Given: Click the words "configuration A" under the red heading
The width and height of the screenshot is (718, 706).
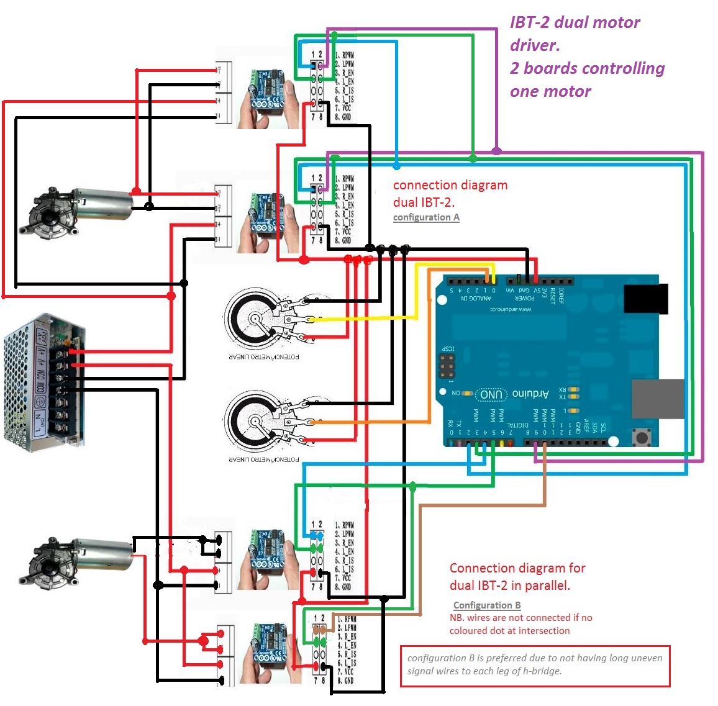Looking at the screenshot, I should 426,217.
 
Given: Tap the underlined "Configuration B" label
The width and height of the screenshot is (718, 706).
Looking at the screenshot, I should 487,605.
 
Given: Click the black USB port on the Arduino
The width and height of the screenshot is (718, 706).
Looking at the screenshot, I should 646,298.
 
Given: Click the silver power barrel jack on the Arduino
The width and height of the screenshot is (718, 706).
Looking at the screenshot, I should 657,398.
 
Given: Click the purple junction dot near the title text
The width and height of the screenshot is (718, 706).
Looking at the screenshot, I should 496,151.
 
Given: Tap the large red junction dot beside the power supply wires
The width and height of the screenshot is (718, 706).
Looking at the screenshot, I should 171,296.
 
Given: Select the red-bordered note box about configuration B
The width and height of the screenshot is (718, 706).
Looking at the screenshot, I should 535,665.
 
